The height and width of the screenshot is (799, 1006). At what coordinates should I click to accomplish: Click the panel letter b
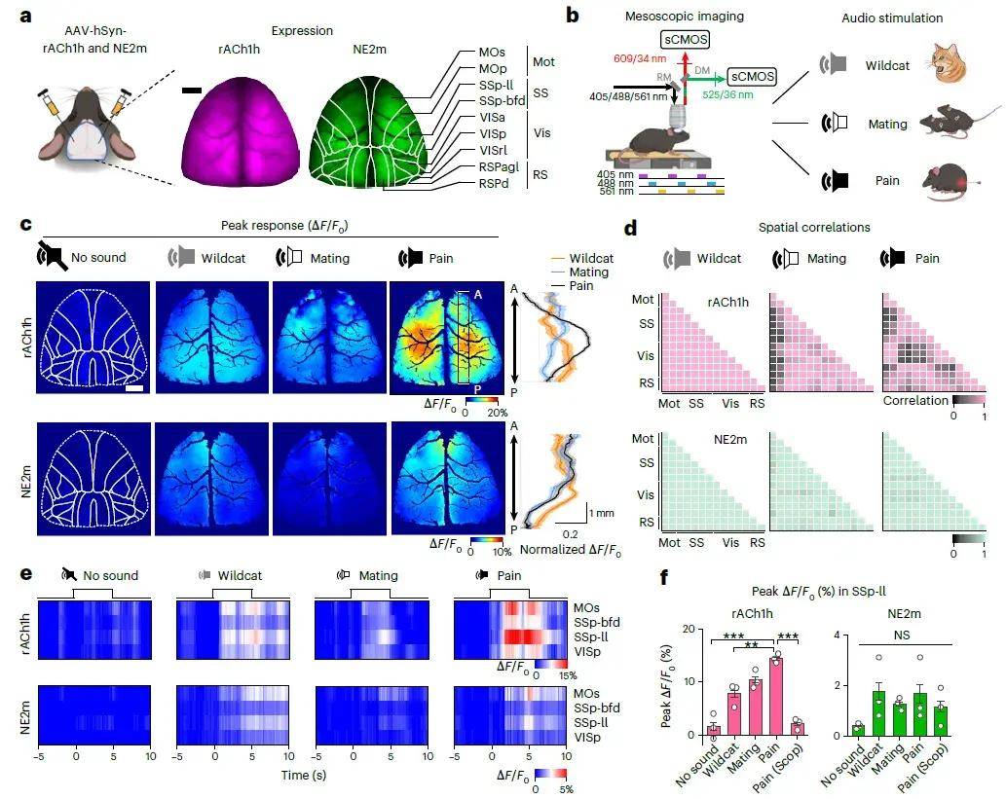pyautogui.click(x=573, y=14)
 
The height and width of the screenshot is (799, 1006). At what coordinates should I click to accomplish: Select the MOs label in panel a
pyautogui.click(x=492, y=52)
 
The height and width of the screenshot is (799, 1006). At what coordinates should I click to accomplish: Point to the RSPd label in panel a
pyautogui.click(x=494, y=183)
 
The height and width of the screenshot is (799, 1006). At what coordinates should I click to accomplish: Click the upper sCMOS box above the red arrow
pyautogui.click(x=686, y=40)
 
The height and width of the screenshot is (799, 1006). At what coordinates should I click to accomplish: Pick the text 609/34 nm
pyautogui.click(x=640, y=58)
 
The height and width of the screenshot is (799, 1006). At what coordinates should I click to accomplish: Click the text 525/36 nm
pyautogui.click(x=727, y=94)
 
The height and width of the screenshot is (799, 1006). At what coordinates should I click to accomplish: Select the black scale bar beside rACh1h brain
pyautogui.click(x=191, y=91)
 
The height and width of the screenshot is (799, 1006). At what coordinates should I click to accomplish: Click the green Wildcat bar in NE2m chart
pyautogui.click(x=878, y=713)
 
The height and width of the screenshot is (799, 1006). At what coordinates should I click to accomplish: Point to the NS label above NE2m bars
pyautogui.click(x=902, y=635)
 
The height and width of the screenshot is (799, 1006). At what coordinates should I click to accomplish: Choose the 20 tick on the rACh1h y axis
pyautogui.click(x=689, y=629)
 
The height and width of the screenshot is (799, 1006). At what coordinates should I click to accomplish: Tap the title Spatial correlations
pyautogui.click(x=814, y=227)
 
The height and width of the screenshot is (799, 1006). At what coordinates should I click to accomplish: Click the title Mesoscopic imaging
pyautogui.click(x=685, y=16)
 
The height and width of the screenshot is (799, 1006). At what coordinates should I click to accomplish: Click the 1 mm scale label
pyautogui.click(x=601, y=513)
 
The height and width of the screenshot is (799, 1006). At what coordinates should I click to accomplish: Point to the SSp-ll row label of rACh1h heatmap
pyautogui.click(x=591, y=636)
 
